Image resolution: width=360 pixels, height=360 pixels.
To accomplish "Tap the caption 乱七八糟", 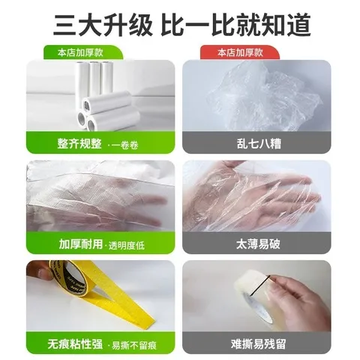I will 256,142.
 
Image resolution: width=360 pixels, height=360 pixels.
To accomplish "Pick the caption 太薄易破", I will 256,243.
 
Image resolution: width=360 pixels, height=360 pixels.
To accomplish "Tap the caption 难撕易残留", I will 256,344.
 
